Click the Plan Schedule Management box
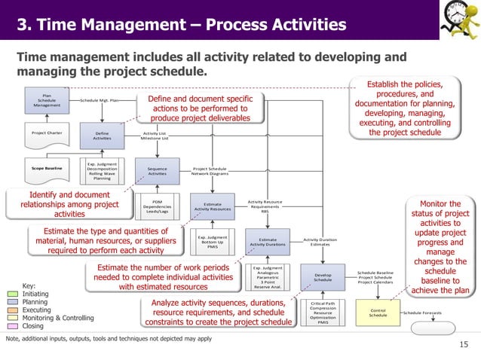pyautogui.click(x=47, y=101)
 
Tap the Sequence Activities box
pyautogui.click(x=157, y=170)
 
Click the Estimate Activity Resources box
pyautogui.click(x=212, y=205)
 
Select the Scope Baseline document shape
pyautogui.click(x=47, y=169)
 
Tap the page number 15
pyautogui.click(x=464, y=344)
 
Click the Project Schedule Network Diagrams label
pyautogui.click(x=210, y=171)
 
